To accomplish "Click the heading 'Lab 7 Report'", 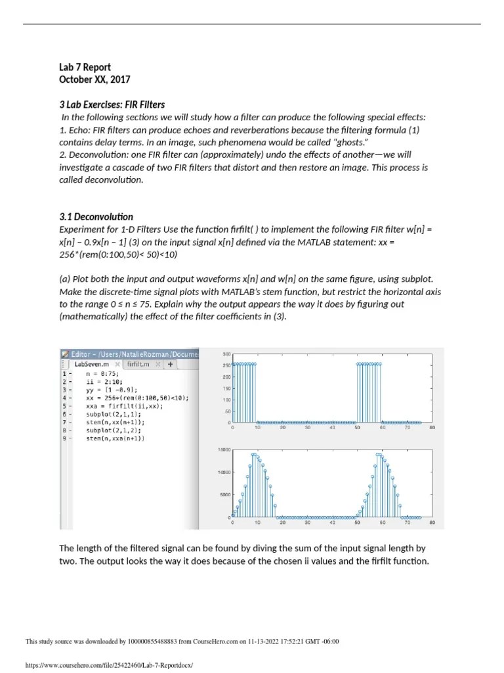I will click(x=85, y=67).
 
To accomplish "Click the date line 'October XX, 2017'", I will click(x=94, y=80).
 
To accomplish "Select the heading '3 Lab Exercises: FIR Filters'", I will click(x=112, y=104).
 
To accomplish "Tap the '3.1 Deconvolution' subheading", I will click(x=96, y=217).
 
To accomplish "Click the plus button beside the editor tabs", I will click(x=170, y=363).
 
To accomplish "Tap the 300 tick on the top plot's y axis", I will click(x=226, y=354).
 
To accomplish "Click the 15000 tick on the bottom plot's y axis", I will click(x=224, y=450).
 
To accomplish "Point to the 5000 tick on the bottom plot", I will click(x=226, y=495).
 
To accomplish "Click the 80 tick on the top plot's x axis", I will click(x=432, y=427).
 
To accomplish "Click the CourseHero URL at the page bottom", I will click(x=109, y=665).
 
